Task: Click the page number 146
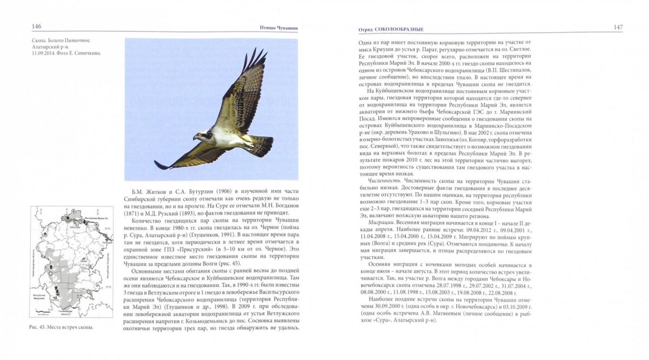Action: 37,26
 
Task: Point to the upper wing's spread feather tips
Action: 254,57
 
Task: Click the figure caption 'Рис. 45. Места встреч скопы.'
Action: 62,328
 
